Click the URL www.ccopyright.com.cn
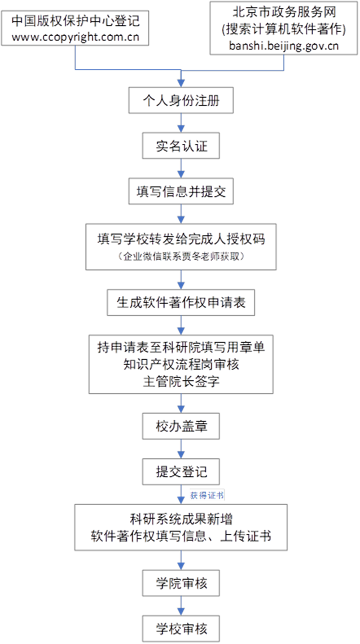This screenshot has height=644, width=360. pos(76,38)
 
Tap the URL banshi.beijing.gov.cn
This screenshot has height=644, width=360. pos(284,46)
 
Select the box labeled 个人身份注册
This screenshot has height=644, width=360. pos(181,100)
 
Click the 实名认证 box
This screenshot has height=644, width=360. pos(181,146)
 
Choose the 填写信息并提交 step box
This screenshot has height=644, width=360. pos(181,191)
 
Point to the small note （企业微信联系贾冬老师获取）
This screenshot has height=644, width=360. pos(181,256)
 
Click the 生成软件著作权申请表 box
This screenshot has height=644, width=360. pos(181,302)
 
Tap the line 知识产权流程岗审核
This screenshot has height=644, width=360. pos(181,365)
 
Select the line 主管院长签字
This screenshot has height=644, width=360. pos(181,382)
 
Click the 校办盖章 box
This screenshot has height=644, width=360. pos(181,426)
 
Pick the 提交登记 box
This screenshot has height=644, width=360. pos(181,472)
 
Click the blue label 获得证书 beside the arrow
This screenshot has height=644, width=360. pos(207,495)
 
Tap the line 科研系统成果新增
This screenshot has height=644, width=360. pos(181,519)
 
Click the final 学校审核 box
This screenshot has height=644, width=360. pos(181,629)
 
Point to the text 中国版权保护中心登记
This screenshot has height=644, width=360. pos(76,21)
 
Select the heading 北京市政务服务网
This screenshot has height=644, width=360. pos(284,12)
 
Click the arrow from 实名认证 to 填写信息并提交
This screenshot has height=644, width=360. pos(181,169)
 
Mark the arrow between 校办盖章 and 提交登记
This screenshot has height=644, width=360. pos(181,449)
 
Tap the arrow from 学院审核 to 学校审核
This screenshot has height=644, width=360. pos(181,606)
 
